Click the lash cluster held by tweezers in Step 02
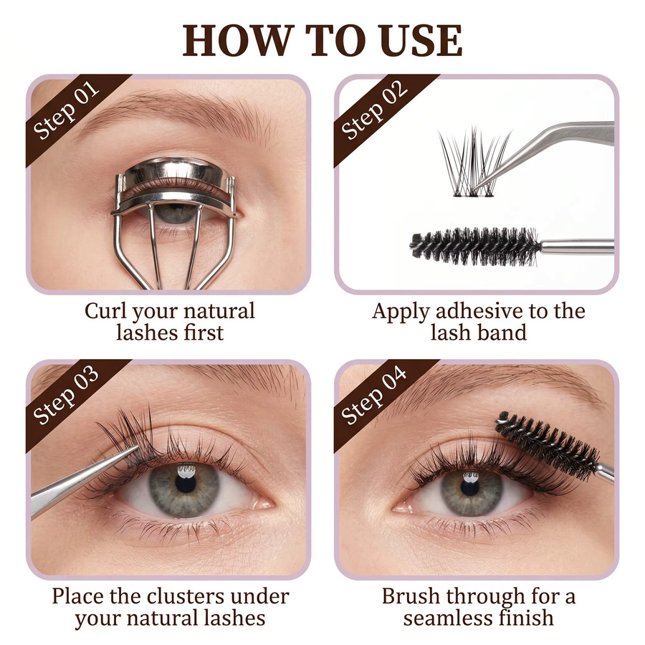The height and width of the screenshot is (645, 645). tap(473, 163)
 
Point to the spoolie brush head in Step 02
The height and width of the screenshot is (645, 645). tap(475, 246)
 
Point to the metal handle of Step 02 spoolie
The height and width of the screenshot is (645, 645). tap(578, 247)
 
